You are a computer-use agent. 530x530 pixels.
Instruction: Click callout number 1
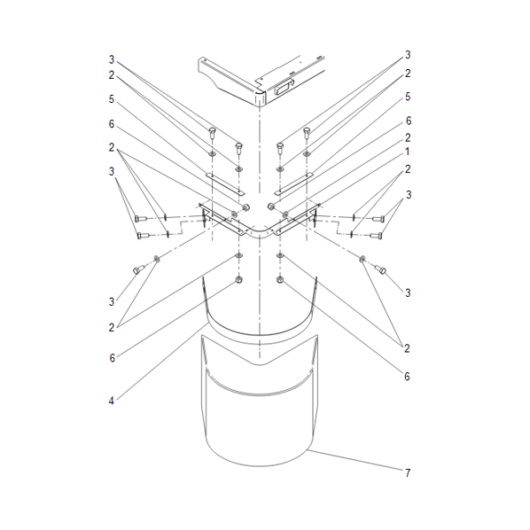(408, 152)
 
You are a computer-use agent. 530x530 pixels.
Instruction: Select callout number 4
(111, 401)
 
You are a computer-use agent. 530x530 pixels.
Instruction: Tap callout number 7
(408, 473)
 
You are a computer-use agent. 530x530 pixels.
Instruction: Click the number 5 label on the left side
(111, 99)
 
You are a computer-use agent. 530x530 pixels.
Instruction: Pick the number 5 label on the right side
(408, 97)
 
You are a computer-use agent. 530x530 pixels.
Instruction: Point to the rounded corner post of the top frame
(260, 98)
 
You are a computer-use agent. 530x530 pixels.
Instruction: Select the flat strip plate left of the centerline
(225, 184)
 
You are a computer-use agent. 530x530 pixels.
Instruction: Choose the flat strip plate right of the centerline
(293, 184)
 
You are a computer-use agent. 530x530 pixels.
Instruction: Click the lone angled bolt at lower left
(138, 269)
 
